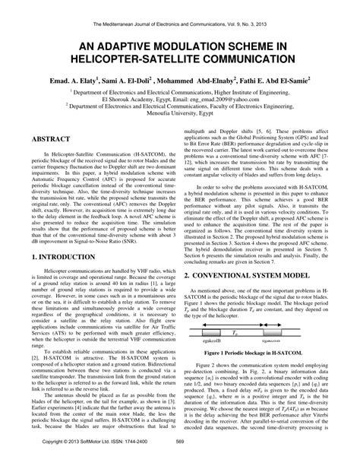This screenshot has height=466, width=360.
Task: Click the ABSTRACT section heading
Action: pos(55,141)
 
